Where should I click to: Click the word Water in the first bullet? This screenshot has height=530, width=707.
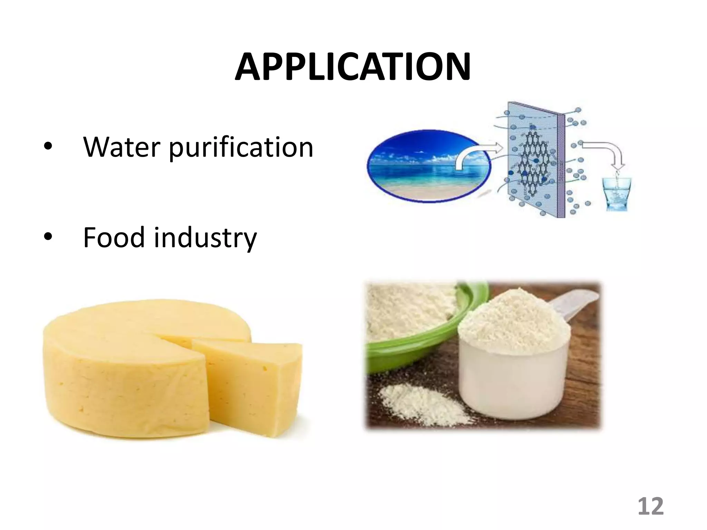[122, 147]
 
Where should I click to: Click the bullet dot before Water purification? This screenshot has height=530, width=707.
[48, 147]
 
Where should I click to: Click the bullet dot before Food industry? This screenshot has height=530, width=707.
[48, 237]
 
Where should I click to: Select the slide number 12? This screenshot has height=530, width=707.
[650, 507]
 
